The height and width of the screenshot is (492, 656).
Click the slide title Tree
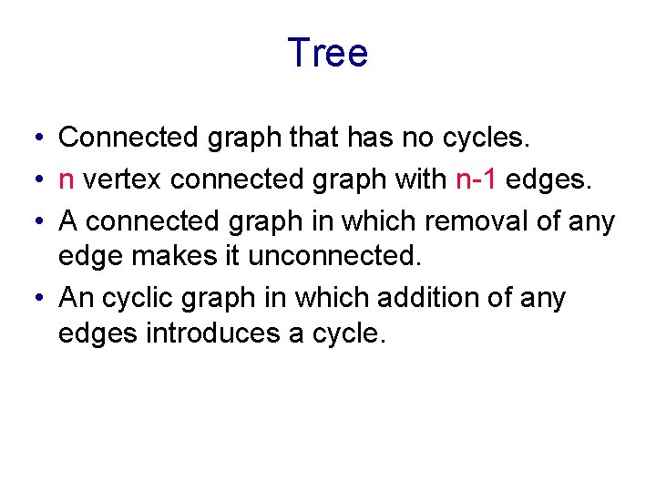(327, 53)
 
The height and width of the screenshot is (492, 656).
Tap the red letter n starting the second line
(66, 180)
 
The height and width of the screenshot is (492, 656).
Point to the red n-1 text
(476, 179)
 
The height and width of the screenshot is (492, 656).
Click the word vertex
(123, 180)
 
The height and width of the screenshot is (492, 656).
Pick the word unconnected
(335, 256)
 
